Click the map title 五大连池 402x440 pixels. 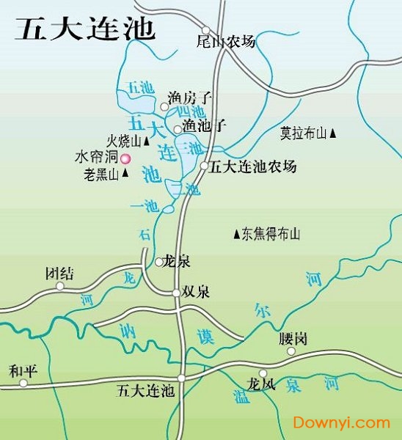tap(85, 29)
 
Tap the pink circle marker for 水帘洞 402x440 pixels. tap(125, 158)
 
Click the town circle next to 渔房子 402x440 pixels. tap(165, 107)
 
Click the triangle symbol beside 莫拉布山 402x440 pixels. tap(333, 133)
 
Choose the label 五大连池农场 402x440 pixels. tap(253, 166)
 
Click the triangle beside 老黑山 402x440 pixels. tap(125, 174)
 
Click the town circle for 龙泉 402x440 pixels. tap(158, 261)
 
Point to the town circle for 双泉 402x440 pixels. tap(176, 293)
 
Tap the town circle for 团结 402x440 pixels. tap(60, 285)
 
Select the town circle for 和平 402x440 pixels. tap(23, 382)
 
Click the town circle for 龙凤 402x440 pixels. tap(262, 373)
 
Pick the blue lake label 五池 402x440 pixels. tap(140, 87)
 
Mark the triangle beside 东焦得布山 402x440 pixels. tap(235, 235)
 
